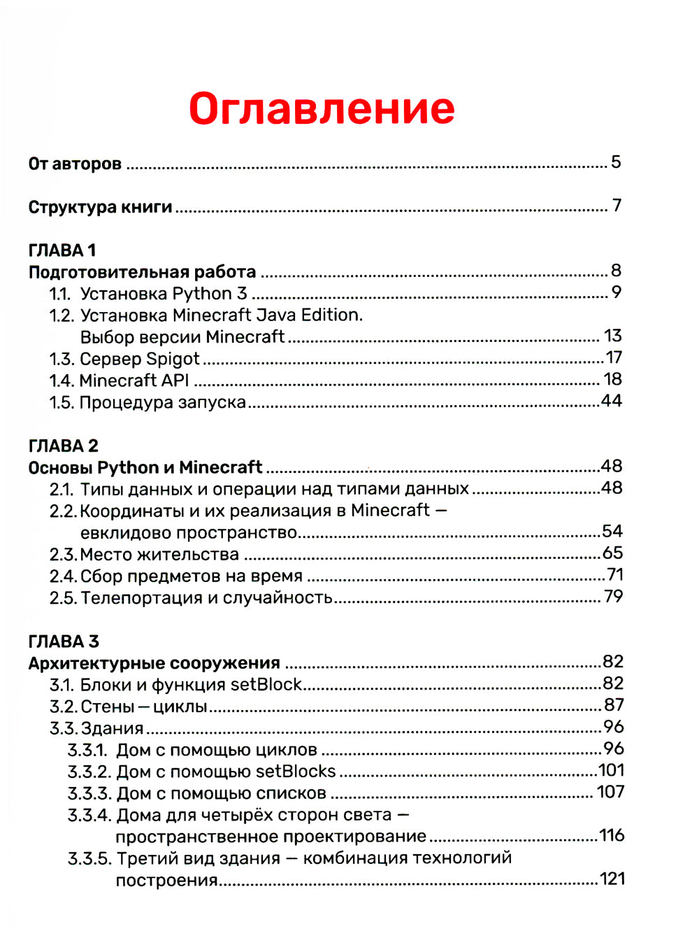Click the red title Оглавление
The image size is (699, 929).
(322, 109)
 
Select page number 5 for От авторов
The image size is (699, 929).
(616, 162)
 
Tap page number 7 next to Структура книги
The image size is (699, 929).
(617, 206)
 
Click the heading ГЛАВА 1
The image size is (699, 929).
(62, 250)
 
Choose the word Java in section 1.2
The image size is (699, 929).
(276, 315)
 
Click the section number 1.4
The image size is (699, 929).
(62, 381)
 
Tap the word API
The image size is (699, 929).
(175, 381)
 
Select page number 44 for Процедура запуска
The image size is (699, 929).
(612, 401)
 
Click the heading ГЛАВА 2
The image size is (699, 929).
(64, 446)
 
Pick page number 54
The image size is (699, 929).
(612, 532)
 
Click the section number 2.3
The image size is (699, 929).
(63, 555)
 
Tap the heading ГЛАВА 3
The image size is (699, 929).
(64, 641)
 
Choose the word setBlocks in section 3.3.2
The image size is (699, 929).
(296, 772)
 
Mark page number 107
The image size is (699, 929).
(610, 792)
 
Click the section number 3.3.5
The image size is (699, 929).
(89, 858)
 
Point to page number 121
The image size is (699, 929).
(612, 879)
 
